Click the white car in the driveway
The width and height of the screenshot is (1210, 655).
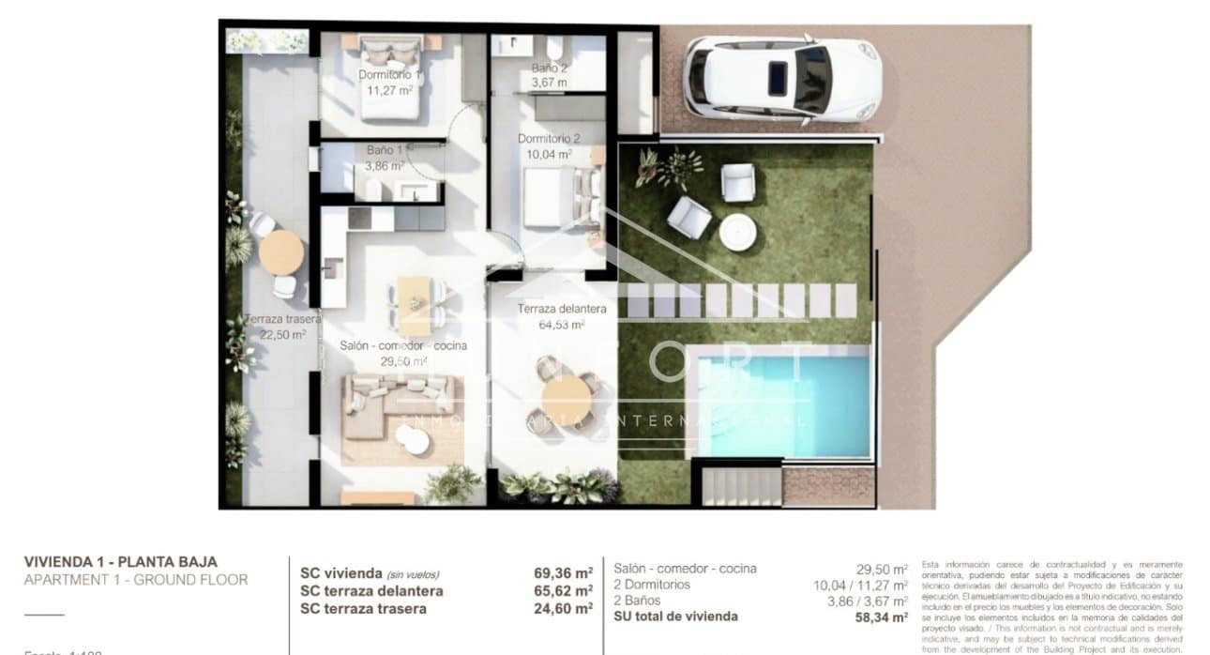click(x=780, y=79)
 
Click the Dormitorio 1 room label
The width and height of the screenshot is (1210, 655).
click(x=388, y=74)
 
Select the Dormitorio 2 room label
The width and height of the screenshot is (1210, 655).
click(x=549, y=139)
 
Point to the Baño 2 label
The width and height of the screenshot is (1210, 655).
click(x=549, y=69)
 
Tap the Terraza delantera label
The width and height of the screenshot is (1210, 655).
click(x=561, y=309)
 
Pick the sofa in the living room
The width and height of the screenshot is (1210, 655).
click(x=401, y=404)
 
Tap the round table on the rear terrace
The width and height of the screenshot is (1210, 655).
click(x=280, y=251)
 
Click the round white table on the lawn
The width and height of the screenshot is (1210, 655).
click(x=737, y=230)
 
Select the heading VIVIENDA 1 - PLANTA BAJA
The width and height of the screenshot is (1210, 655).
click(x=120, y=561)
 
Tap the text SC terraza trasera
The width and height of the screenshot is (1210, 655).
click(x=363, y=608)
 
